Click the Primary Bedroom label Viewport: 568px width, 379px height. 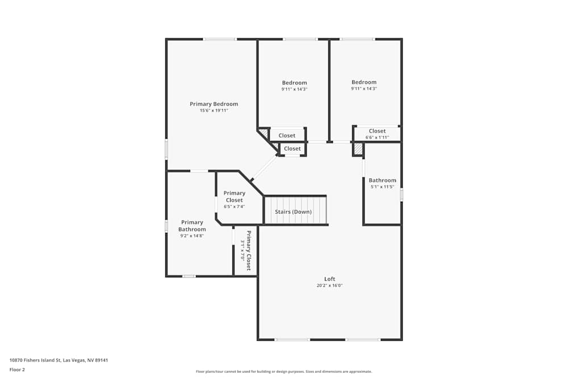(214, 104)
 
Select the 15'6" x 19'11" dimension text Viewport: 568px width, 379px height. (214, 111)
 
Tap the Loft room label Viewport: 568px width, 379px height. (329, 279)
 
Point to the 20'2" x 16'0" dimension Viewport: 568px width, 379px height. (329, 286)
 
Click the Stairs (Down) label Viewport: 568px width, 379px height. (293, 212)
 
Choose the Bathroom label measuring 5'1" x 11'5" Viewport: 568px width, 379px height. (382, 180)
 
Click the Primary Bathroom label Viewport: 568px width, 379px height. (192, 226)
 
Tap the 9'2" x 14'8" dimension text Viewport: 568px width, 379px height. (192, 236)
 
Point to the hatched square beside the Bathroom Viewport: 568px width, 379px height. (358, 149)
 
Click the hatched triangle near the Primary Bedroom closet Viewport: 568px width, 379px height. (264, 134)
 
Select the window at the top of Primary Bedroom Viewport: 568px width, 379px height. (220, 39)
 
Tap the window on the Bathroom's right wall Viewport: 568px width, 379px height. (401, 194)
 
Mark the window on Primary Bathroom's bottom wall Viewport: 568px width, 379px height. (189, 276)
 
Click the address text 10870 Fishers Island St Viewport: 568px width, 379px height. (59, 360)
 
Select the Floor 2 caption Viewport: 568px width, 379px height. (17, 369)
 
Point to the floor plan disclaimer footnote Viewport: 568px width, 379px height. (284, 372)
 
